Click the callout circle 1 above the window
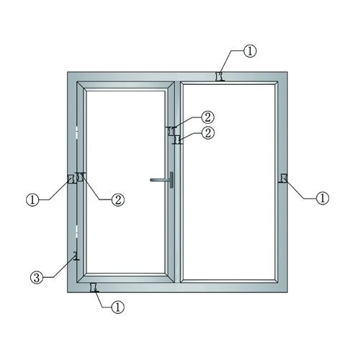coord(250,51)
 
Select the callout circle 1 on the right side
coord(323,198)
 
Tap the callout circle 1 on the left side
coord(32,199)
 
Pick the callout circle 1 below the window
coord(118,307)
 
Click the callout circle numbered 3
coord(37,278)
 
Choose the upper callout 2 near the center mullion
coord(207,117)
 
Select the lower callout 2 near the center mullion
coord(208,132)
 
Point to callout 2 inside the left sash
coord(118,199)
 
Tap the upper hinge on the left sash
coord(77,132)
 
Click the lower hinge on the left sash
coord(77,231)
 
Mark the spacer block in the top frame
coord(220,76)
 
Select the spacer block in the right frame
coord(284,178)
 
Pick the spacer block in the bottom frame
coord(94,287)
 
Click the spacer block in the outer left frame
coord(71,179)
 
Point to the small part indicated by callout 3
coord(76,256)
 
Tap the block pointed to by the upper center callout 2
coord(171,131)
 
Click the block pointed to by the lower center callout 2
coord(178,140)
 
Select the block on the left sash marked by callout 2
coord(80,177)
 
